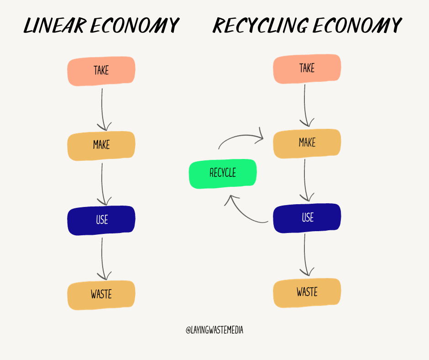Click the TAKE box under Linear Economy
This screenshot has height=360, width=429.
pyautogui.click(x=101, y=71)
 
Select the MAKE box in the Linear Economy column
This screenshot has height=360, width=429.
pyautogui.click(x=101, y=145)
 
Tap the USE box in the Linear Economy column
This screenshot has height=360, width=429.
pyautogui.click(x=101, y=220)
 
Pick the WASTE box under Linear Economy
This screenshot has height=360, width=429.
pyautogui.click(x=101, y=295)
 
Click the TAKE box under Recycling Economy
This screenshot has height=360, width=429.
pyautogui.click(x=307, y=69)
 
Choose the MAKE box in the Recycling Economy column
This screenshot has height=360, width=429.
pyautogui.click(x=307, y=143)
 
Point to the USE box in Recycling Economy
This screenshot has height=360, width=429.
pyautogui.click(x=307, y=218)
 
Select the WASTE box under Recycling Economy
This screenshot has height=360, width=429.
pyautogui.click(x=307, y=292)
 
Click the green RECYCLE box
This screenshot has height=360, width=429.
pyautogui.click(x=223, y=173)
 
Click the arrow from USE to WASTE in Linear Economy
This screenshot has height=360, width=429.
pyautogui.click(x=103, y=258)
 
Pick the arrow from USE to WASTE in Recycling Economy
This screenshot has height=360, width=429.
pyautogui.click(x=307, y=256)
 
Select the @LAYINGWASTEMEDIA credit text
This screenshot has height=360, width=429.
pyautogui.click(x=214, y=330)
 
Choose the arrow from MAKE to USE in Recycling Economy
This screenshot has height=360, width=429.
pyautogui.click(x=307, y=181)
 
